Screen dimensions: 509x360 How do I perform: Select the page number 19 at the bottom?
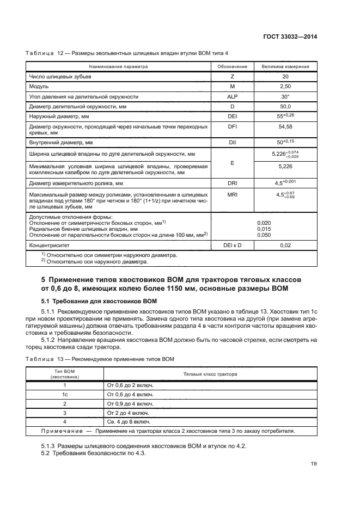(314, 464)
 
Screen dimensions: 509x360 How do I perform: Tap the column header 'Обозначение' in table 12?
(233, 67)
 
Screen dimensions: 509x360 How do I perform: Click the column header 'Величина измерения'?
(285, 67)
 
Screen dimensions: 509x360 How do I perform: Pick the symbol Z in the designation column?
(233, 77)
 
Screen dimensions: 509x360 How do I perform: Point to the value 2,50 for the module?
(285, 87)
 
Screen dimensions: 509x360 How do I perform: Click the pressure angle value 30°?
(285, 96)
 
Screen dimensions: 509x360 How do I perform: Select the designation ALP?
(233, 96)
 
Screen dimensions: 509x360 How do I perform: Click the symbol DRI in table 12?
(233, 183)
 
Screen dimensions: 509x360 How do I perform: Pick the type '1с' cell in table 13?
(65, 394)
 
